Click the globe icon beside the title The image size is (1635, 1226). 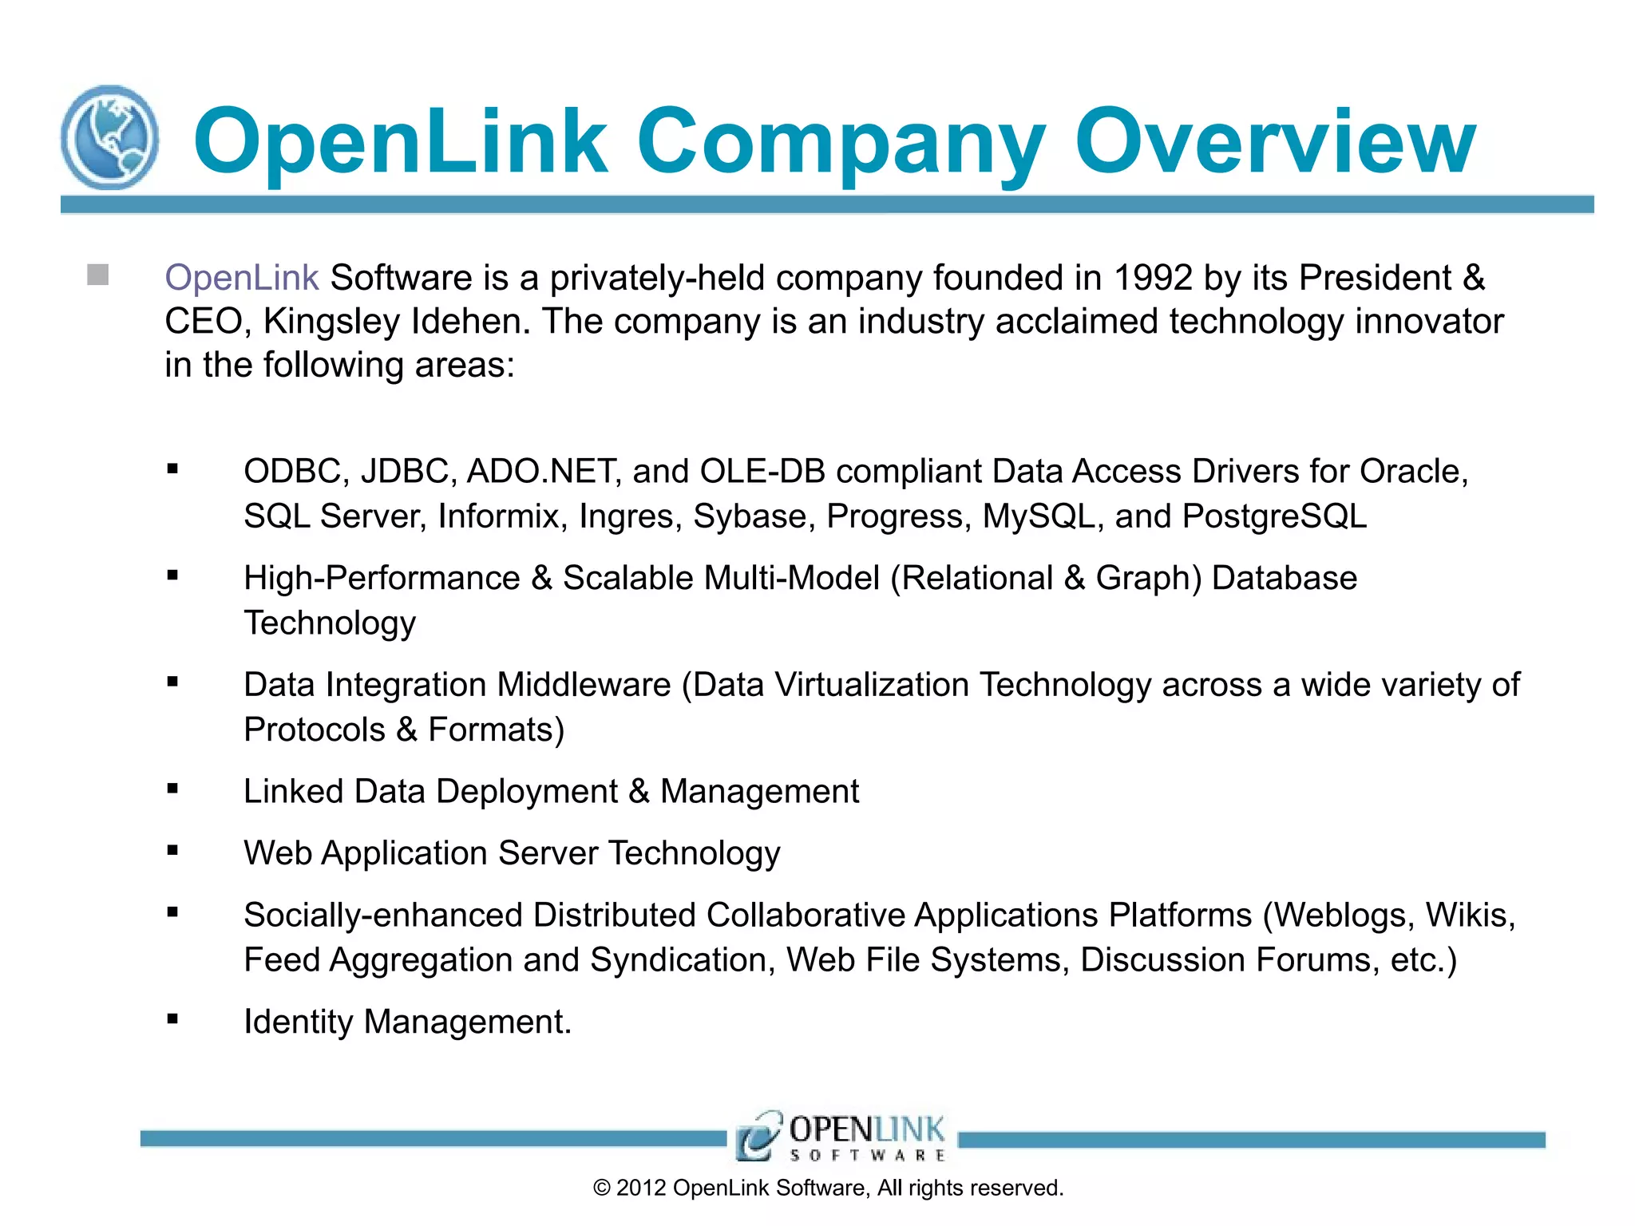point(109,137)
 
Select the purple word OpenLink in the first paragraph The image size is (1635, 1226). point(241,278)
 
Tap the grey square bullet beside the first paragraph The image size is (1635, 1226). point(98,275)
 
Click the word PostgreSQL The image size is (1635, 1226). point(1274,516)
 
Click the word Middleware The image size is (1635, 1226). point(584,685)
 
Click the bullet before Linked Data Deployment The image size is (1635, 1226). point(172,789)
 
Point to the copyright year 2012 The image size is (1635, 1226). point(641,1188)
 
